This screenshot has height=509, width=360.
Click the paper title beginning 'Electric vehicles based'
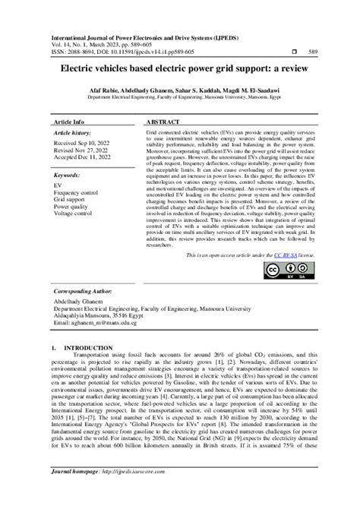click(x=179, y=68)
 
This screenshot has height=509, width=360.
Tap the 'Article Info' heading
click(x=69, y=122)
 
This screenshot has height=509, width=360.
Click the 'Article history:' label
click(x=74, y=132)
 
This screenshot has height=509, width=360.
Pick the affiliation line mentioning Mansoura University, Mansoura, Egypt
click(x=179, y=97)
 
